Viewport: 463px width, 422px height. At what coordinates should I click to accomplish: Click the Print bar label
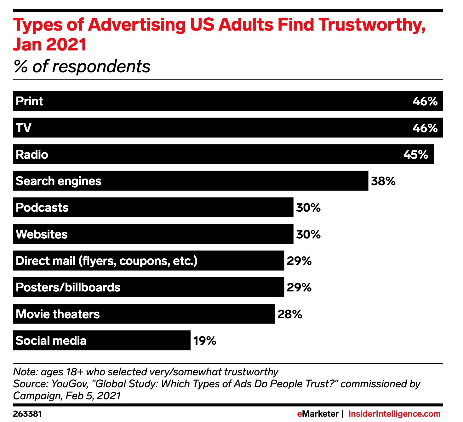coord(29,101)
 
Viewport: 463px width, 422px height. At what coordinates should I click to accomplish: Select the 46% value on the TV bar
coord(425,128)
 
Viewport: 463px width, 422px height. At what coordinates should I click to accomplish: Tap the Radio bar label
coord(32,155)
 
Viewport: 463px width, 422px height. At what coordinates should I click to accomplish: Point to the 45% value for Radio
coord(416,155)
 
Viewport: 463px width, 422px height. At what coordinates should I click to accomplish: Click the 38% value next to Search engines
coord(383,181)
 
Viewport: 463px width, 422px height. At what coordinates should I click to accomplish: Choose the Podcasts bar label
coord(42,208)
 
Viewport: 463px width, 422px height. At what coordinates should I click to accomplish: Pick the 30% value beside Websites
coord(308,234)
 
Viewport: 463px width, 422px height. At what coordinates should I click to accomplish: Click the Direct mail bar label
coord(106,261)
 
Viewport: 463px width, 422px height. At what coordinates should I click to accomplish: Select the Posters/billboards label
coord(68,287)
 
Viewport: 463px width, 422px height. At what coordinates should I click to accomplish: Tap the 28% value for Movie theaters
coord(289,314)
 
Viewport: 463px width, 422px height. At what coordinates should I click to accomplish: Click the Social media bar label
coord(51,341)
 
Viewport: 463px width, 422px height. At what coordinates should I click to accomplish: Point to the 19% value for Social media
coord(204,341)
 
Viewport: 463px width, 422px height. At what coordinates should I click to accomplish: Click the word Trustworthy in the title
coord(372,25)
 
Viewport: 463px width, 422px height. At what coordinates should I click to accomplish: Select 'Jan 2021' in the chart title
coord(50,44)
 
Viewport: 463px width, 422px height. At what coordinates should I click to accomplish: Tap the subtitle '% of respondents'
coord(82,67)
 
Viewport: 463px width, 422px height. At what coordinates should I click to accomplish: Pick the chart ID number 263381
coord(27,414)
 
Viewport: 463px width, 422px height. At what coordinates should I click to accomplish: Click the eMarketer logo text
coord(317,414)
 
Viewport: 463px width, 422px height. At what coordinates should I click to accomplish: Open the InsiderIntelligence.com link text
coord(394,414)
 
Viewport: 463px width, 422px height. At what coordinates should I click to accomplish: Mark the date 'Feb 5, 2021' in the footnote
coord(93,396)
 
